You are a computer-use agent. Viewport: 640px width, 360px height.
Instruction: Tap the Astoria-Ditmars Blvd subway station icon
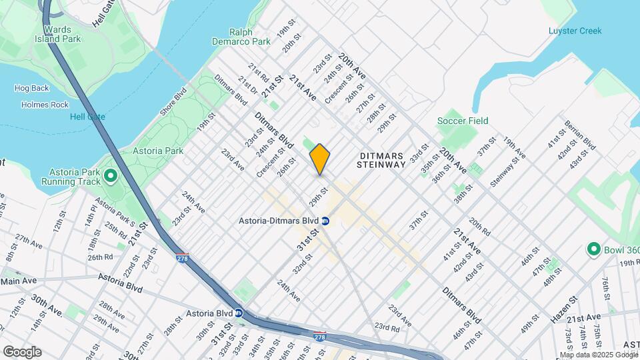click(325, 221)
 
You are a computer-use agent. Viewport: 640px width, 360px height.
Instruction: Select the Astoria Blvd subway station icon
click(238, 313)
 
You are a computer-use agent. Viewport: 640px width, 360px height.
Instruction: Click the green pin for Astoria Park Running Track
click(111, 176)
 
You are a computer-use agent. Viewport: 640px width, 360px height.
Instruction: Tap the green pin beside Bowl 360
click(593, 250)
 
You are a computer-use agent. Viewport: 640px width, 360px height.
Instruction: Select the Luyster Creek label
click(575, 31)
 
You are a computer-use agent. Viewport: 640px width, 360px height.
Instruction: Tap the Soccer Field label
click(463, 121)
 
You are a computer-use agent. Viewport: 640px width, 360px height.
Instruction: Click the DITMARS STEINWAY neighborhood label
click(381, 159)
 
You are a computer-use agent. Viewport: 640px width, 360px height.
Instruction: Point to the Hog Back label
click(31, 88)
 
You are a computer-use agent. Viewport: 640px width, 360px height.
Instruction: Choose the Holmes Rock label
click(45, 105)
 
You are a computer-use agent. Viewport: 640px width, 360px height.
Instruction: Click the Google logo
click(22, 351)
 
